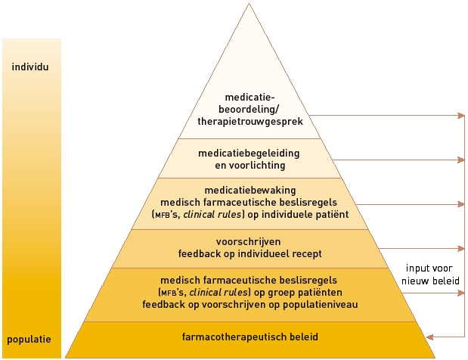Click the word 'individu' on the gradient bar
(x=31, y=67)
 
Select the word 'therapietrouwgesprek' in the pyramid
(x=248, y=119)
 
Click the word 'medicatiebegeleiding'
(x=249, y=154)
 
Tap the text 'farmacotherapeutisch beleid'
(x=249, y=335)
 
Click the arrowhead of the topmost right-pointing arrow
(x=460, y=116)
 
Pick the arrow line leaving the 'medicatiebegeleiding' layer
(x=393, y=160)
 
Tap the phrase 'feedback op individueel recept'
(x=249, y=253)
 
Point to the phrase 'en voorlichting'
(x=249, y=166)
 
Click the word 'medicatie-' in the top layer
(x=249, y=97)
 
